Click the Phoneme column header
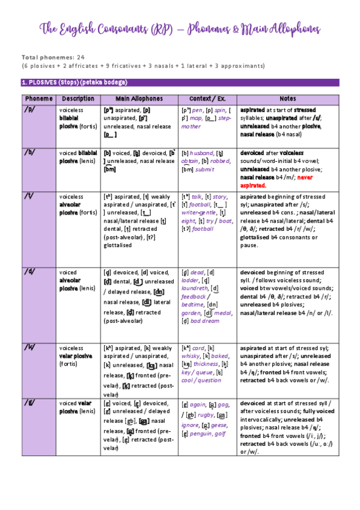pos(38,98)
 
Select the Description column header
pos(78,98)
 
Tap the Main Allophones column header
pos(139,98)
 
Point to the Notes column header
pos(288,98)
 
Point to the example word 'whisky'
pos(192,356)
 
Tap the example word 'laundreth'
pos(195,288)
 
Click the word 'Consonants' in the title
pos(115,29)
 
